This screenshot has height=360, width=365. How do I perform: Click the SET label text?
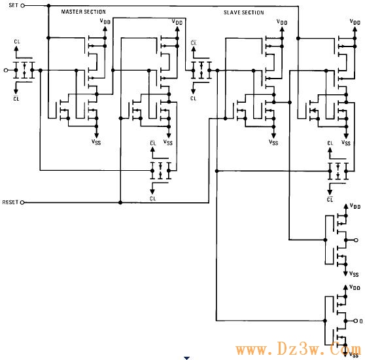pos(13,5)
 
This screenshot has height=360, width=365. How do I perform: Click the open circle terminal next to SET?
pos(23,6)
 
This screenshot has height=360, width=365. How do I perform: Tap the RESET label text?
pos(10,202)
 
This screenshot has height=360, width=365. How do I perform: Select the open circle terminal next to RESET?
pos(22,203)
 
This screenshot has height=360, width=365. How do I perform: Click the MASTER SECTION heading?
pos(83,12)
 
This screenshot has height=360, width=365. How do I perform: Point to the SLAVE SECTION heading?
pos(244,12)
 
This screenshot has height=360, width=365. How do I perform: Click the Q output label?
pos(361,321)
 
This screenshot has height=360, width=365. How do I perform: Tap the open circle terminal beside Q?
pos(356,321)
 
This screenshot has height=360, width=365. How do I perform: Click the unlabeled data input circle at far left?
pos(6,70)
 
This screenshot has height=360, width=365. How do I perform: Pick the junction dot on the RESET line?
pos(120,203)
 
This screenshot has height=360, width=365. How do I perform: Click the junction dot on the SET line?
pos(48,6)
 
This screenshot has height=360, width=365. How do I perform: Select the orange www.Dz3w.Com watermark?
pos(299,350)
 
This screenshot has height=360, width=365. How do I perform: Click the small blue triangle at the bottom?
pos(186,358)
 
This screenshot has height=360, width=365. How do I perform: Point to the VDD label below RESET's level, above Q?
pos(355,206)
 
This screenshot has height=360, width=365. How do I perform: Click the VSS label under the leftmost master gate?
pos(96,142)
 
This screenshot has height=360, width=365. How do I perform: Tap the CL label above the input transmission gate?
pos(17,42)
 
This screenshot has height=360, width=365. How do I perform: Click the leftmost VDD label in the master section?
pos(105,21)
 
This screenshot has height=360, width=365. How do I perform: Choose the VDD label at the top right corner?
pos(355,22)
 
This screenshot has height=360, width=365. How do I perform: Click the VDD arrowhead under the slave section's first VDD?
pos(282,29)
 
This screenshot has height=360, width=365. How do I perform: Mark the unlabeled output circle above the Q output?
pos(356,240)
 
